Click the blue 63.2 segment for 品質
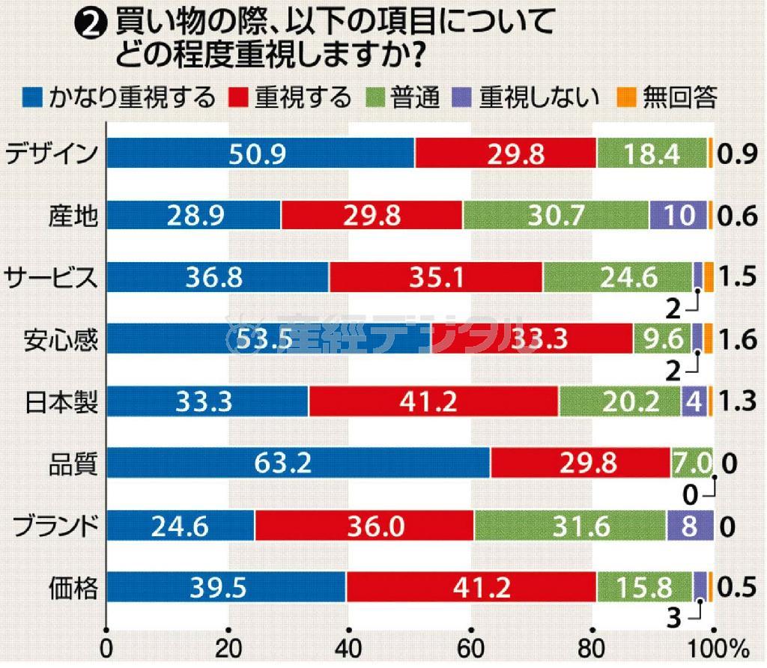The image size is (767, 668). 298,464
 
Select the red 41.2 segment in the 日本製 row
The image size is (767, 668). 433,402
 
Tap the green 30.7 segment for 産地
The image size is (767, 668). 556,216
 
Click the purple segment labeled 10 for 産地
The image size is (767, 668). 678,216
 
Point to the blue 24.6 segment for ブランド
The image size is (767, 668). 181,526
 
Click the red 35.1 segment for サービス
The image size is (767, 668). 436,278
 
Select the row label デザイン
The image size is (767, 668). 51,154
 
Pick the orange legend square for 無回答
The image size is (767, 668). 625,97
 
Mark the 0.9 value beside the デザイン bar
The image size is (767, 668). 736,154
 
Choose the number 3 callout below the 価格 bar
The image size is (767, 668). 673,619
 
